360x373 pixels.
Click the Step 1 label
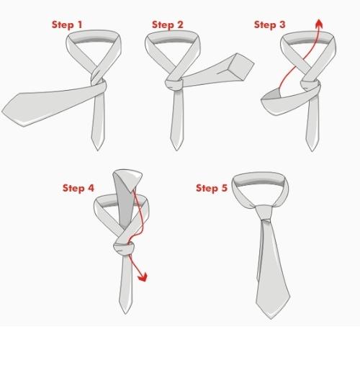point(67,24)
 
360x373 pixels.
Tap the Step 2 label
point(168,24)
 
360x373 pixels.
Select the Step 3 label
point(270,24)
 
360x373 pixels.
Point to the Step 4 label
point(78,188)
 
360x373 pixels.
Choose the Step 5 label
point(212,188)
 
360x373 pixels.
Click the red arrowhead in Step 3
point(319,23)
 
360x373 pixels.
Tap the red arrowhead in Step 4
point(143,277)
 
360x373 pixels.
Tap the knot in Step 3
point(310,86)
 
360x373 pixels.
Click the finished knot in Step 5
point(264,212)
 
